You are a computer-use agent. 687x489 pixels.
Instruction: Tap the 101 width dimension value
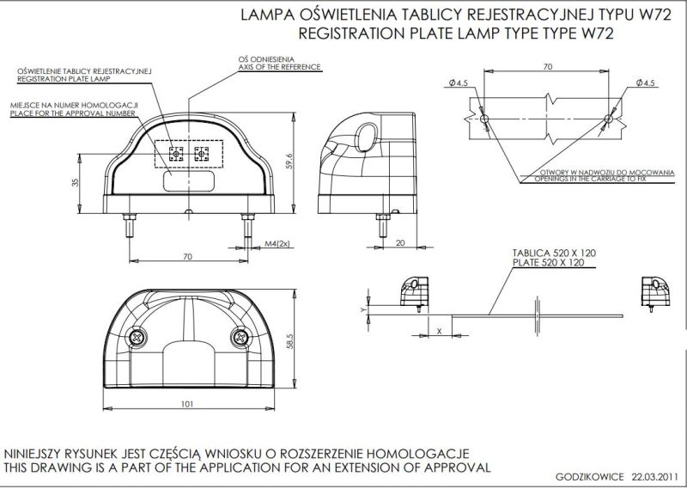click(187, 404)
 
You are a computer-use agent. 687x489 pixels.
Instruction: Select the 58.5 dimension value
click(289, 341)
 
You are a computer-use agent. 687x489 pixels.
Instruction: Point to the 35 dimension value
click(75, 182)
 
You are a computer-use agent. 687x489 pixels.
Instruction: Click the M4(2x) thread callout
click(277, 244)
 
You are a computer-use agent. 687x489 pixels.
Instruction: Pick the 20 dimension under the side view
click(400, 242)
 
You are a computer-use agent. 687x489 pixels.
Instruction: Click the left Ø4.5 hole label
click(459, 83)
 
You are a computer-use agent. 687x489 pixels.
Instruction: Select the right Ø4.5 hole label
click(647, 83)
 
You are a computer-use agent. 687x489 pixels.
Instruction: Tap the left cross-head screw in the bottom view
click(137, 337)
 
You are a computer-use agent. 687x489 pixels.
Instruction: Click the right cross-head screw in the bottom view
click(240, 337)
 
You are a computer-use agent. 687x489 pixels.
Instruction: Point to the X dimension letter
click(440, 332)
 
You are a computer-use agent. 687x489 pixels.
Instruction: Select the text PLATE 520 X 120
click(548, 262)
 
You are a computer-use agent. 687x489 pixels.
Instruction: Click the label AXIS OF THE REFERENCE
click(280, 67)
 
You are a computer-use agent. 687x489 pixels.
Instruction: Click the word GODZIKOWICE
click(590, 477)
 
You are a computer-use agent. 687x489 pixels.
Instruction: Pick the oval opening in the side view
click(366, 135)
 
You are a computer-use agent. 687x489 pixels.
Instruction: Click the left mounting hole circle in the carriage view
click(484, 119)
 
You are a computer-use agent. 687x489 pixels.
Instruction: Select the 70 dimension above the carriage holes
click(548, 67)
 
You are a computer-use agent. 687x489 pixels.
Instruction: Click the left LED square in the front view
click(176, 154)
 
